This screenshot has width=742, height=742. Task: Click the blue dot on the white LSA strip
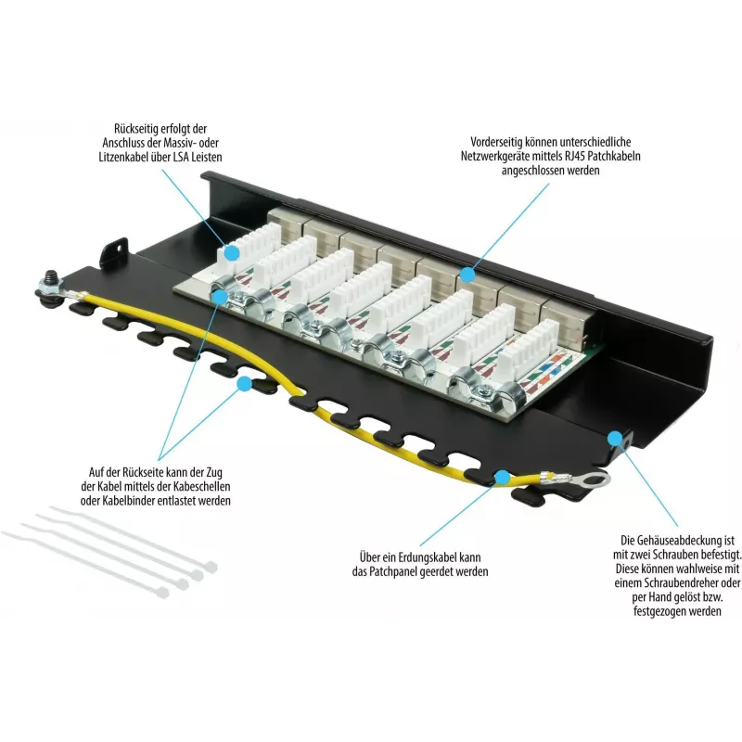[231, 253]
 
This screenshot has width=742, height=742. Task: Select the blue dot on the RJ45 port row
[467, 275]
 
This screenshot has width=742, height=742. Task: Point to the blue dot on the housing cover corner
[615, 439]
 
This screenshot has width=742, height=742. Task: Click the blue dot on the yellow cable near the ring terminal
[502, 477]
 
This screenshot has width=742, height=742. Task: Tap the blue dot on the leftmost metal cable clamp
[220, 297]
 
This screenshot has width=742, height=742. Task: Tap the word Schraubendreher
[681, 583]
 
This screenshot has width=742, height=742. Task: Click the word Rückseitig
[135, 129]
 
